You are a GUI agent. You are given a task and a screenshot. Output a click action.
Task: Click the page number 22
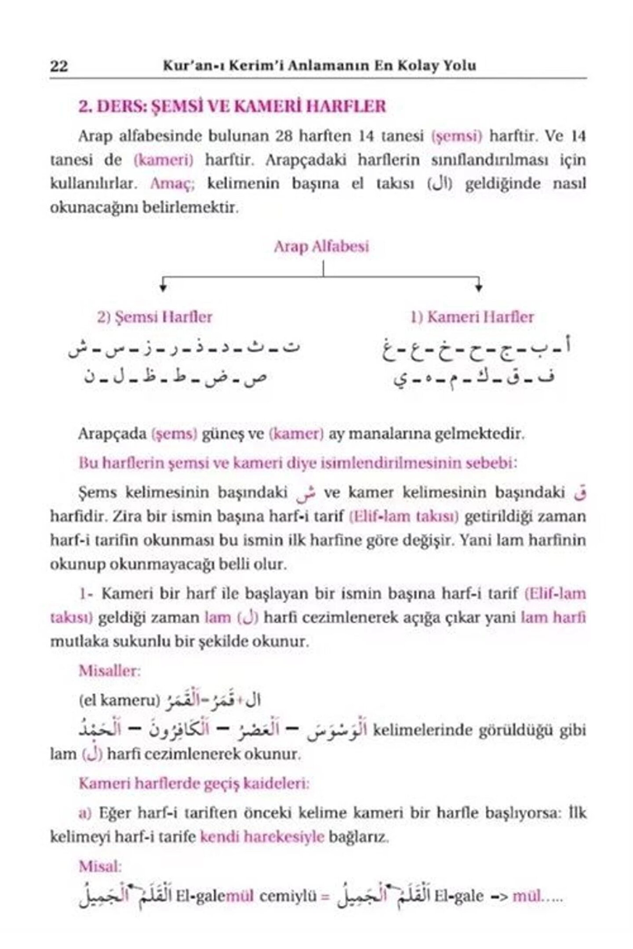(x=59, y=66)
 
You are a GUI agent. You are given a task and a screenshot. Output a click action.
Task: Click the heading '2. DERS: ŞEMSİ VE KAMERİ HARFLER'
(x=232, y=107)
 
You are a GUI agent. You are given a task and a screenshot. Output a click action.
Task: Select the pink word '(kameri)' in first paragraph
(x=163, y=160)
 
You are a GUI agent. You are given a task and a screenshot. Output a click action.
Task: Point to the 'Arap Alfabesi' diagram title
(x=321, y=246)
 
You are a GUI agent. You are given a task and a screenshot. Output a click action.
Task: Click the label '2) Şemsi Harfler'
(x=155, y=317)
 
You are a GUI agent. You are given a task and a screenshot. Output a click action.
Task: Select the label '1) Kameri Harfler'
(x=472, y=317)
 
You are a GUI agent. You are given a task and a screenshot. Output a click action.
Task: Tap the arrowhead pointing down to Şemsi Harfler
(x=163, y=288)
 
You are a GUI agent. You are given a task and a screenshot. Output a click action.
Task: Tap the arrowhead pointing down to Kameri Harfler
(x=479, y=288)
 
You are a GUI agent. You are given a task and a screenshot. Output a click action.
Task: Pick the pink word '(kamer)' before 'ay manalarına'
(x=296, y=434)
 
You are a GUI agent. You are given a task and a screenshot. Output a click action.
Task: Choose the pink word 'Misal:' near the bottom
(x=100, y=866)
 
